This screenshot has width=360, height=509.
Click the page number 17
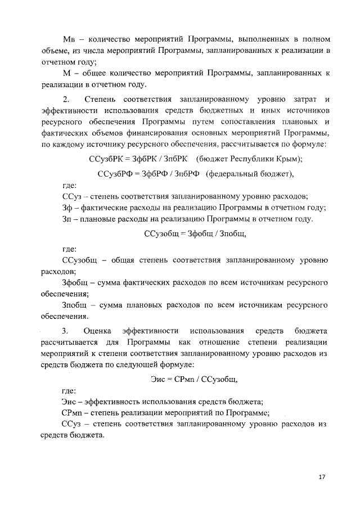[x=322, y=477]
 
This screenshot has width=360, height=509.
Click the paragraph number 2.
[x=65, y=99]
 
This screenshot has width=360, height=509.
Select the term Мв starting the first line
[x=68, y=39]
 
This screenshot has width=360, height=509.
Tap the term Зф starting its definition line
[x=66, y=208]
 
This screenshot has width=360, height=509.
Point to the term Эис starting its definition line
[x=69, y=402]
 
